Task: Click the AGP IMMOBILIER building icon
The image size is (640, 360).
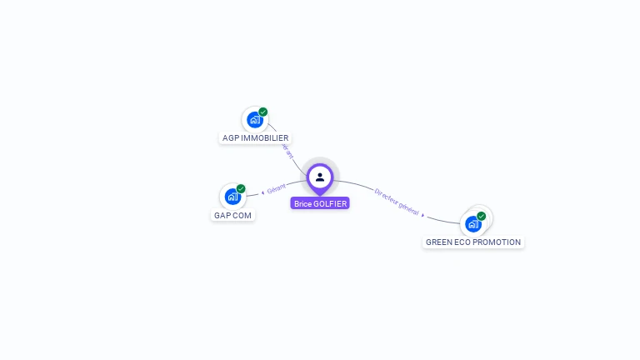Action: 254,120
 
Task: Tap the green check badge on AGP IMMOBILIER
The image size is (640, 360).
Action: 263,112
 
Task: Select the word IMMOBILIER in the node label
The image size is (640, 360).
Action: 265,138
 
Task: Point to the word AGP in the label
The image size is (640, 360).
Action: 231,138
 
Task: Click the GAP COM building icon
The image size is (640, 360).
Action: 232,197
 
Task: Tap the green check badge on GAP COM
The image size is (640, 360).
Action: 241,189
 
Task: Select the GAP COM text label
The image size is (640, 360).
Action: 232,215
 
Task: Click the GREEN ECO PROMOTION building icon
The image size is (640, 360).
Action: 472,223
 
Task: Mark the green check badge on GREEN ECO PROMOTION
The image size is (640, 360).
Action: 481,216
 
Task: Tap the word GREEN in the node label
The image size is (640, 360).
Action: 439,242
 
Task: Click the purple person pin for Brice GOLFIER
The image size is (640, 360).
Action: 320,177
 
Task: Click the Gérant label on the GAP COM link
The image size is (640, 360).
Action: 276,187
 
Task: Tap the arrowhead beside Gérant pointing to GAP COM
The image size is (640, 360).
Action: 262,192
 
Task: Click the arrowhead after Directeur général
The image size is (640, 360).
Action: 423,215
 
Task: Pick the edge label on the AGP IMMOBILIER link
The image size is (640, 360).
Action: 288,151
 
